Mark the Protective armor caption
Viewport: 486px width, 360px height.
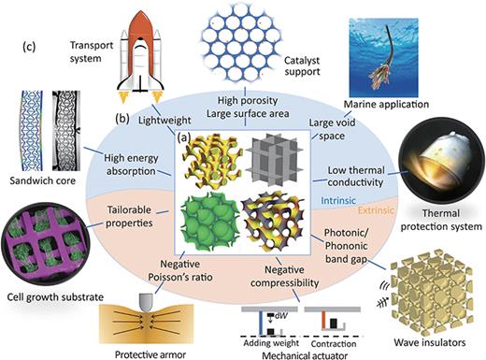pos(142,352)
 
